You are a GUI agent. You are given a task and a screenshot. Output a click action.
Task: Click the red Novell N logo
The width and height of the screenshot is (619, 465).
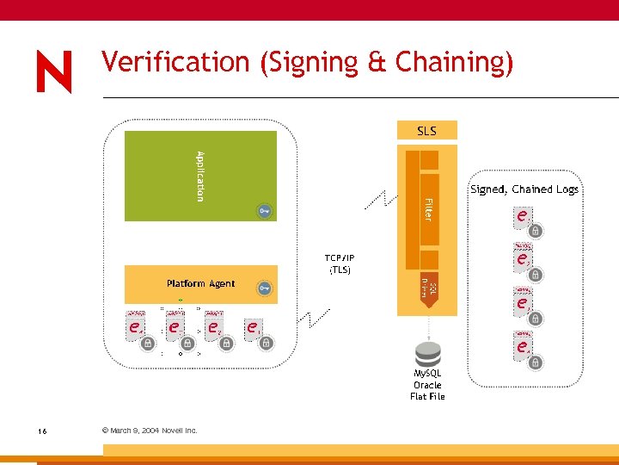coord(54,71)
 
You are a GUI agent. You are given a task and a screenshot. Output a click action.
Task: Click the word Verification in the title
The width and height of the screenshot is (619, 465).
coord(175,62)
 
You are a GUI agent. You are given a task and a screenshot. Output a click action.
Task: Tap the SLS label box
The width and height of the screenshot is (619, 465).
coord(426,131)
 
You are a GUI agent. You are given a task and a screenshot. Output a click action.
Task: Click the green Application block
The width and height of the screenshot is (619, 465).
coord(200,176)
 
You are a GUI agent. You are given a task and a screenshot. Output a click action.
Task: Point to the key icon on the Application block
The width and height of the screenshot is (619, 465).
coord(265,210)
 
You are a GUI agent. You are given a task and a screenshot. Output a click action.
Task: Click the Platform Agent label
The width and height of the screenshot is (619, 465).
coord(200,283)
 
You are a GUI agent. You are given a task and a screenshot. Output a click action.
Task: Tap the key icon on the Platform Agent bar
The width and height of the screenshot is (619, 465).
coord(265,288)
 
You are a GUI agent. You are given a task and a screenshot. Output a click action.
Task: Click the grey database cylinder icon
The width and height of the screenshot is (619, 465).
coord(427,354)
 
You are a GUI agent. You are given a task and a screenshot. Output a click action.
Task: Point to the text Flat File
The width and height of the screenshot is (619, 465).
coord(427,396)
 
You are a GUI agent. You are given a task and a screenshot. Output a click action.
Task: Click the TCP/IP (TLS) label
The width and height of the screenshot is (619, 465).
coord(340,264)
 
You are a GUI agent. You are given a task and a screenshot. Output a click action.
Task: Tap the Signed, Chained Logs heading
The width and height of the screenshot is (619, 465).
coord(524,189)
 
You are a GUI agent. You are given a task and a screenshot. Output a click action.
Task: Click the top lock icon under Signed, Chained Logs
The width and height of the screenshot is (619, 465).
coord(535,231)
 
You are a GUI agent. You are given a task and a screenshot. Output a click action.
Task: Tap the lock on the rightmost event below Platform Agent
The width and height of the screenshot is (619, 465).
coord(267,343)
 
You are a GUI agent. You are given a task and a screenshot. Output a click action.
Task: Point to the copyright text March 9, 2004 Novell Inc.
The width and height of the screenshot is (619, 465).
coord(150,430)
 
